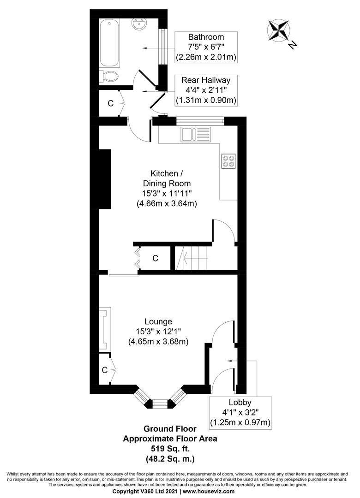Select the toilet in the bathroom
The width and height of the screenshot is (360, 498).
[110, 76]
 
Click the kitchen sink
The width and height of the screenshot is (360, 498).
[196, 135]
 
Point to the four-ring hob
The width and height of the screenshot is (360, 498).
[228, 161]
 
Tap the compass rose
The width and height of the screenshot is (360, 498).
[279, 30]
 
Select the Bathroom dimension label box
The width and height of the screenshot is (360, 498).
[205, 47]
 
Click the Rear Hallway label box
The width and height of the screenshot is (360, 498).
[205, 90]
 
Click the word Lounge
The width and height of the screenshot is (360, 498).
[158, 321]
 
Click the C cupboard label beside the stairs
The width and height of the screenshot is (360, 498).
[155, 259]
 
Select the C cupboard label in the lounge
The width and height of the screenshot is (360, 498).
[105, 369]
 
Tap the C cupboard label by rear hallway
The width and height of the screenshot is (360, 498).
[110, 104]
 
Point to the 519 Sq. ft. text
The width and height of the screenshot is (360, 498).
[169, 448]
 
